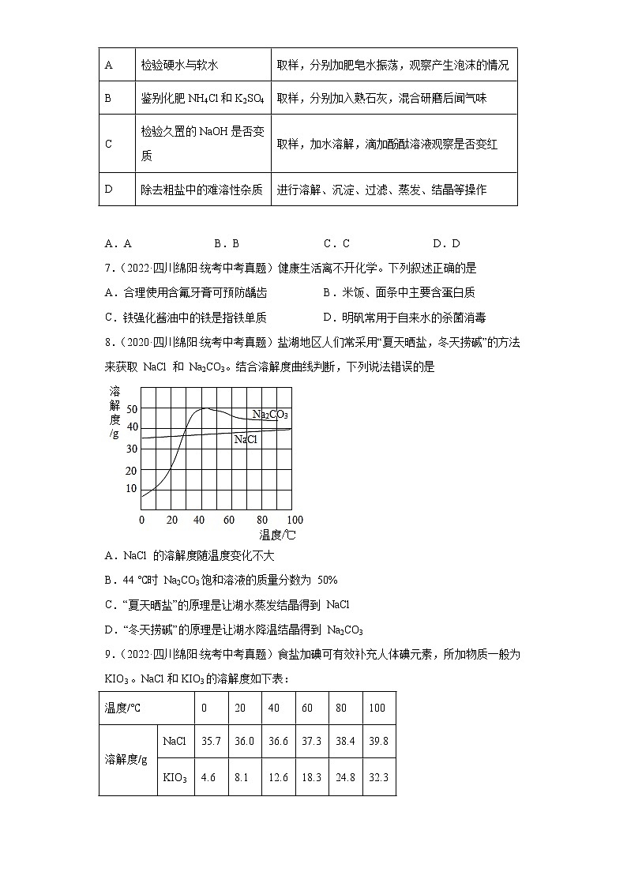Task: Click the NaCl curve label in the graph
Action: click(x=246, y=439)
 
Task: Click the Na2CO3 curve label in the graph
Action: click(x=270, y=414)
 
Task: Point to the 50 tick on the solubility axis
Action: click(x=132, y=408)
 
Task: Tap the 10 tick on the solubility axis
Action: click(x=132, y=488)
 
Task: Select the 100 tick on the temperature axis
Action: click(x=294, y=520)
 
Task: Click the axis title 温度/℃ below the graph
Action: click(x=277, y=535)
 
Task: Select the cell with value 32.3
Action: click(x=378, y=778)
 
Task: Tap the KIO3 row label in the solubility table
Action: click(x=175, y=778)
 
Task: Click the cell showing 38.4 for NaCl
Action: click(x=344, y=742)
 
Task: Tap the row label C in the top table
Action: click(x=109, y=145)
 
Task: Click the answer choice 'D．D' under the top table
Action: click(x=446, y=244)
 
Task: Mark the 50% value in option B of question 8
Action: click(x=327, y=580)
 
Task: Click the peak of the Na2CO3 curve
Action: click(x=205, y=408)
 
